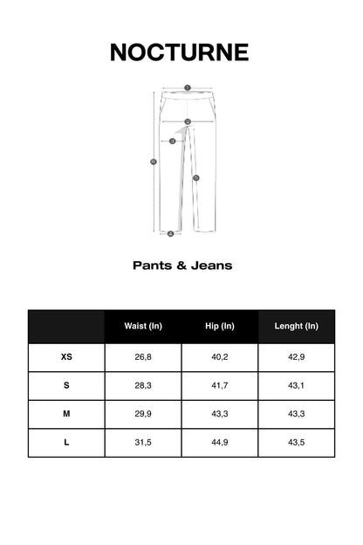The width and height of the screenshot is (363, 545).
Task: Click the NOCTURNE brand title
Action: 180,52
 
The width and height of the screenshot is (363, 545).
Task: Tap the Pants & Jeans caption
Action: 181,265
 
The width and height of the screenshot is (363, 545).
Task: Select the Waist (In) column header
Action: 143,327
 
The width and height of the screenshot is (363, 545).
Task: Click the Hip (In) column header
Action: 220,327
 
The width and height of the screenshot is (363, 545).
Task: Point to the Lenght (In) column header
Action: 297,327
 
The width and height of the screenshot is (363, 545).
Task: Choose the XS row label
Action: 66,357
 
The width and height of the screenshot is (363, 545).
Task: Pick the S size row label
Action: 66,385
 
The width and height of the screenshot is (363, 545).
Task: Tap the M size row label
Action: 66,414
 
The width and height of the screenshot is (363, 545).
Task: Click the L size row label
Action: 66,443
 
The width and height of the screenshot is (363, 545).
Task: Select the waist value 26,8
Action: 143,357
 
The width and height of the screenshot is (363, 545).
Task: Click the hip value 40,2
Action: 220,357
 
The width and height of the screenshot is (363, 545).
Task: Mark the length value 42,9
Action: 297,357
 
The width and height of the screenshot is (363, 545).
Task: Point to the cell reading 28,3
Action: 143,385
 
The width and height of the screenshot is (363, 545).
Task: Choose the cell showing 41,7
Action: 220,385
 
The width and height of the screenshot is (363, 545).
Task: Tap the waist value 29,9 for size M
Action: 143,414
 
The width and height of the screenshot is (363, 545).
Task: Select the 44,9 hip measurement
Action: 220,443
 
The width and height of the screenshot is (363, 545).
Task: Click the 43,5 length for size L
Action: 297,443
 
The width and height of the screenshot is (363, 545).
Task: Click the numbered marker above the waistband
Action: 187,87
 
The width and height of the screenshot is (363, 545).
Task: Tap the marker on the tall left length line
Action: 154,162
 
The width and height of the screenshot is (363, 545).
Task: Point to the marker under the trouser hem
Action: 170,234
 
